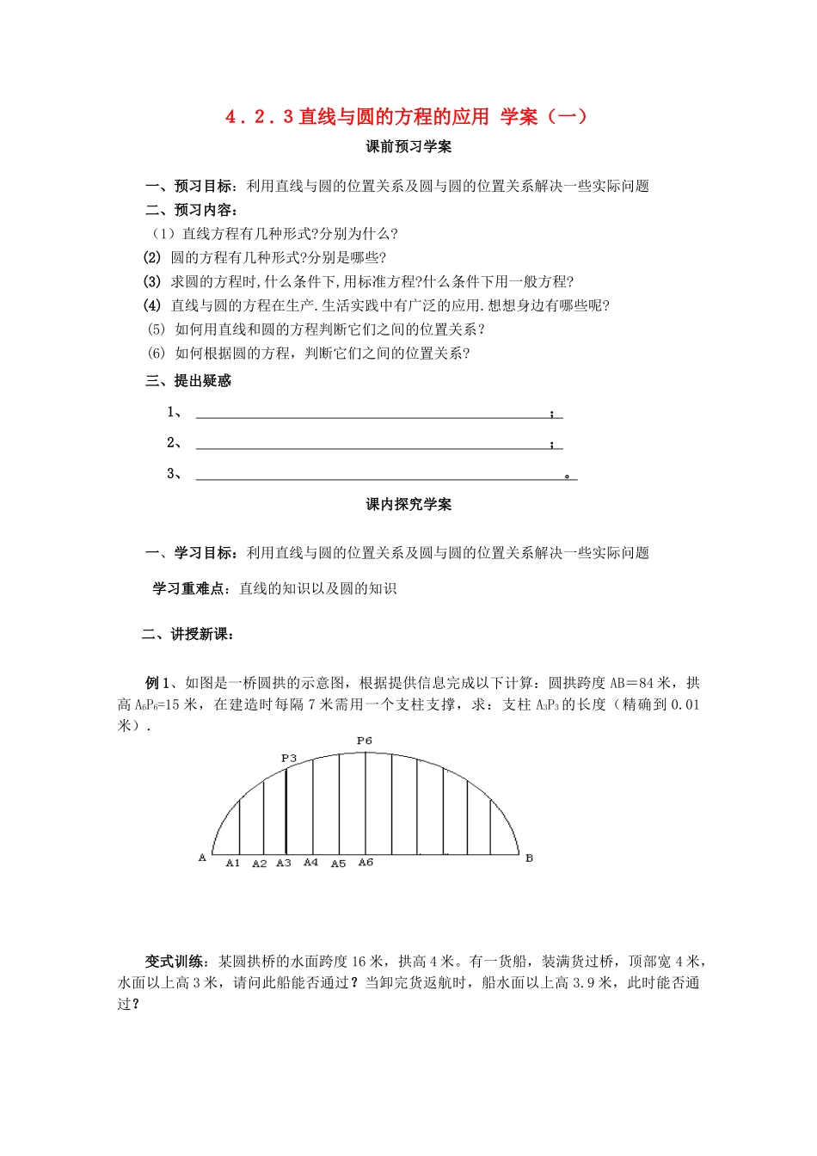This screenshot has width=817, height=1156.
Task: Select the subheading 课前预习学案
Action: [x=408, y=147]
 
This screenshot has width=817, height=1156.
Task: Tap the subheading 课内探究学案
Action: [x=408, y=505]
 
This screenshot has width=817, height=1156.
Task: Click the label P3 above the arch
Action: [x=288, y=758]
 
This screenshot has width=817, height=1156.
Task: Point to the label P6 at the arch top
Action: [x=365, y=741]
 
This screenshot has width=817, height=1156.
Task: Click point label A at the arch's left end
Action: [x=203, y=858]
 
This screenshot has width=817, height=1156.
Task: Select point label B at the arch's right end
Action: [x=529, y=858]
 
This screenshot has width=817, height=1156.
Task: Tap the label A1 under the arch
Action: [x=232, y=863]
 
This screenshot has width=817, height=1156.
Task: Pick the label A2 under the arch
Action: [x=259, y=864]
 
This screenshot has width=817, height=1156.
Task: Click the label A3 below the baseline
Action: [x=284, y=863]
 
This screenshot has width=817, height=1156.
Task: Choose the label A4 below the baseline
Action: [x=310, y=862]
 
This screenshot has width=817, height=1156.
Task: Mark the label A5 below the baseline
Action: [x=338, y=864]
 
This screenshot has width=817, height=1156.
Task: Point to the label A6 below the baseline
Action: [x=365, y=862]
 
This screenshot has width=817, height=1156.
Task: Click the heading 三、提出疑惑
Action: [x=188, y=381]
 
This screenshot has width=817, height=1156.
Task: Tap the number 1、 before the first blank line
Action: [x=174, y=412]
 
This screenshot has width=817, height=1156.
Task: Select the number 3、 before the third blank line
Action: [x=174, y=473]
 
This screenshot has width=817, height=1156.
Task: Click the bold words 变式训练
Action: [x=175, y=962]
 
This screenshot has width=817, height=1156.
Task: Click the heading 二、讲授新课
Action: [x=188, y=635]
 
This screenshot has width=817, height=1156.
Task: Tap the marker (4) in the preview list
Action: [x=152, y=305]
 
